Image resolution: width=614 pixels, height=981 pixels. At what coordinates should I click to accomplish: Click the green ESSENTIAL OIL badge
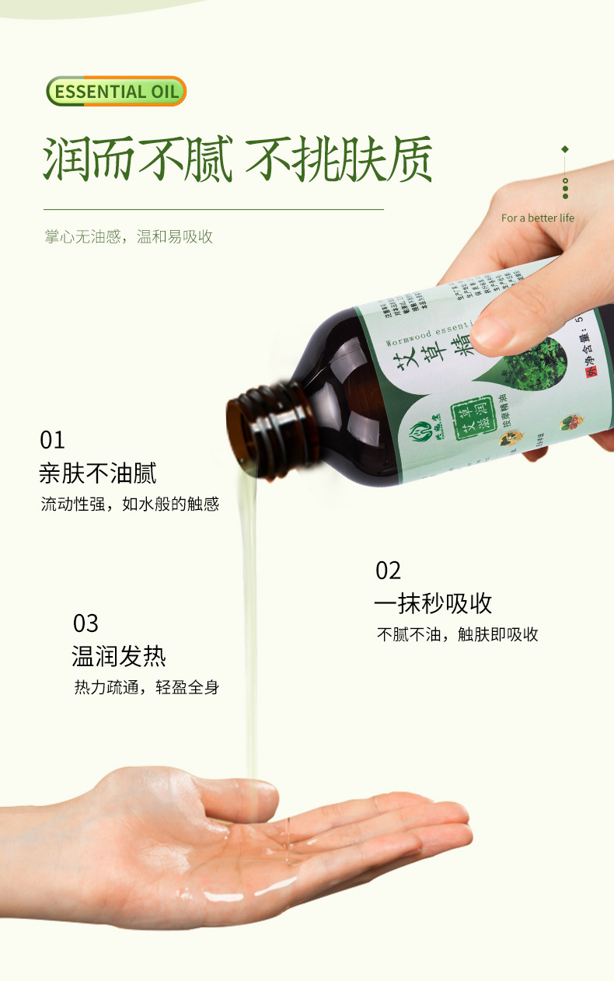(117, 91)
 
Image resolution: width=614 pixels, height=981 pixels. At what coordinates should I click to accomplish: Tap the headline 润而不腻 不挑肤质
(237, 161)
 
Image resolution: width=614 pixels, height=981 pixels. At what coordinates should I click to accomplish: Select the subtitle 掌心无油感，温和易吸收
(129, 237)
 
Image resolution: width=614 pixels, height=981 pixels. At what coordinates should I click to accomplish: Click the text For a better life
(537, 218)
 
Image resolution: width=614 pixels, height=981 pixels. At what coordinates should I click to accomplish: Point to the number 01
(52, 440)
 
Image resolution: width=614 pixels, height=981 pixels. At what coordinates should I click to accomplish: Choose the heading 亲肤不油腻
(98, 473)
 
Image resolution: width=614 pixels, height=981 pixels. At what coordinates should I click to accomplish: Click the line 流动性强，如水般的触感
(130, 504)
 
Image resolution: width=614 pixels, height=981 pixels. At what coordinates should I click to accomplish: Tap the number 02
(388, 571)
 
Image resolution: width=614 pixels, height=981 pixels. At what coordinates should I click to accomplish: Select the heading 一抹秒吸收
(433, 603)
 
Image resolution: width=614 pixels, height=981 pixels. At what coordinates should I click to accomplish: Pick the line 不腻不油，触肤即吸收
(457, 634)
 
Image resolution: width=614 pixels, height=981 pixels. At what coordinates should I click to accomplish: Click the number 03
(85, 623)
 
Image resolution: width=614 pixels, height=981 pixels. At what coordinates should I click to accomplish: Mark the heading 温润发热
(119, 656)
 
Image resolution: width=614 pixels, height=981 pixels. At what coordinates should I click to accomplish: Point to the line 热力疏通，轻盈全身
(146, 687)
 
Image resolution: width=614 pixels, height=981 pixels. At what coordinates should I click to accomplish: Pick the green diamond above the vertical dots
(565, 149)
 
